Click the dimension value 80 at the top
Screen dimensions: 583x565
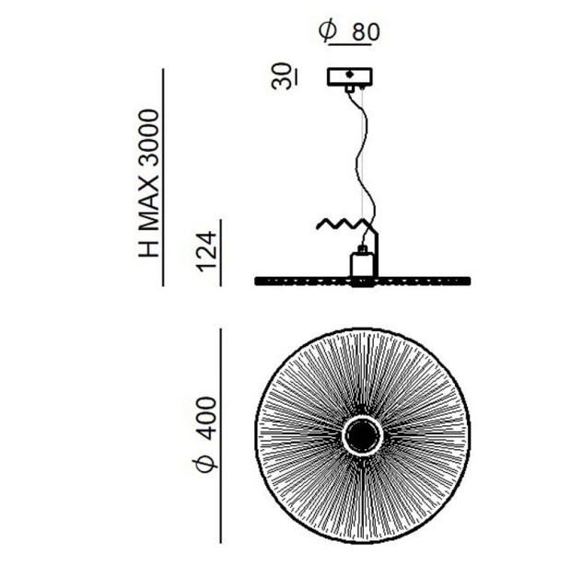tap(366, 32)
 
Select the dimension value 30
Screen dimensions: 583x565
tap(282, 76)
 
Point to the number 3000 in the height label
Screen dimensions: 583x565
tap(148, 140)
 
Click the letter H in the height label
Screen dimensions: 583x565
tap(148, 248)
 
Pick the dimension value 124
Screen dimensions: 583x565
tap(206, 251)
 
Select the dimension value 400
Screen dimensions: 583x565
tap(206, 418)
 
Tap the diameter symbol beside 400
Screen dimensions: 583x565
tap(204, 462)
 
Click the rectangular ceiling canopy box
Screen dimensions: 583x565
tap(349, 76)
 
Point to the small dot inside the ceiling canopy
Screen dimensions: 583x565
tap(349, 75)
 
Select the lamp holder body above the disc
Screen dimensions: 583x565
tap(362, 265)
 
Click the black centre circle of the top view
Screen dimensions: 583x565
tap(361, 434)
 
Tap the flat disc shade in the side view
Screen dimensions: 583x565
tap(363, 282)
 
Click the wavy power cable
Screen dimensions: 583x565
tap(362, 156)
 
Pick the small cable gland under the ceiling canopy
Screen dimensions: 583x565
tap(349, 89)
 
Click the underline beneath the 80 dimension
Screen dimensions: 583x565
tap(350, 44)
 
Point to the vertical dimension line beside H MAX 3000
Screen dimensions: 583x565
tap(163, 178)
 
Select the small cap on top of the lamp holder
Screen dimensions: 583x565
tap(362, 249)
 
